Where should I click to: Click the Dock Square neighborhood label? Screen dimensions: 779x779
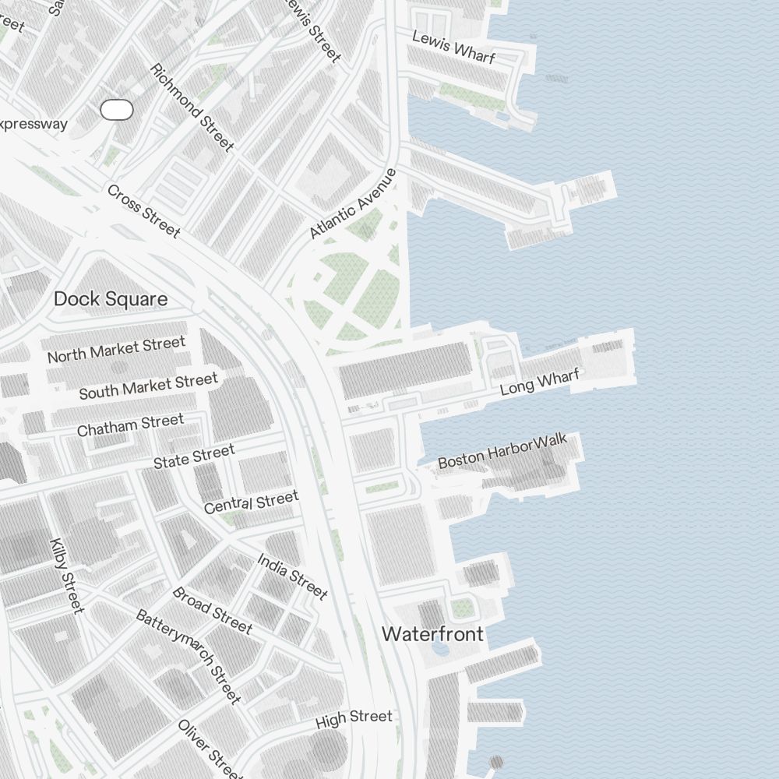click(x=111, y=299)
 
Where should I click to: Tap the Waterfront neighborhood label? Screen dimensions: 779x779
click(x=432, y=634)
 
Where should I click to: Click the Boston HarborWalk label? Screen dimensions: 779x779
click(x=502, y=453)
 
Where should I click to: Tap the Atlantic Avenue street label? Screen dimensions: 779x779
click(x=353, y=204)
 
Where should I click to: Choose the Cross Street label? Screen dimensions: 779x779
click(x=143, y=211)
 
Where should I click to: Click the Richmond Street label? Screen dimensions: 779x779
click(x=192, y=108)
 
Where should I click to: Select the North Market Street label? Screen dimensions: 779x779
click(x=117, y=350)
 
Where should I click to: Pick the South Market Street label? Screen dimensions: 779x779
click(x=148, y=386)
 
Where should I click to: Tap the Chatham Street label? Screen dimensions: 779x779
click(x=130, y=425)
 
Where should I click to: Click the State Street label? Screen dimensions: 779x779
click(x=194, y=456)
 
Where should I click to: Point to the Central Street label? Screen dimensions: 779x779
click(x=251, y=502)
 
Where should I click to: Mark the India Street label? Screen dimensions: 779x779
click(x=292, y=576)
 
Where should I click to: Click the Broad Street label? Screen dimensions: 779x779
click(x=212, y=610)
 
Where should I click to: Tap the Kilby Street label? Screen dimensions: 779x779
click(x=65, y=576)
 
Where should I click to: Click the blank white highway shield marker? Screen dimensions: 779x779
click(x=117, y=111)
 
